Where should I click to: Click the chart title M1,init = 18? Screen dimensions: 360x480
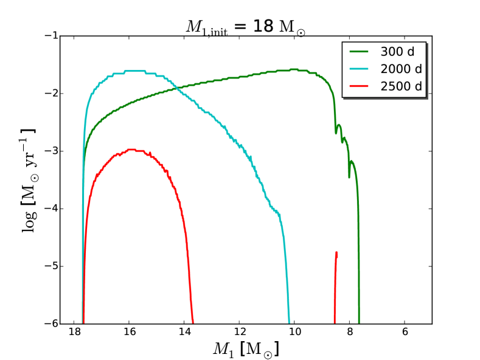coord(246,27)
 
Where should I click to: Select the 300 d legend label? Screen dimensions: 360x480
coord(400,52)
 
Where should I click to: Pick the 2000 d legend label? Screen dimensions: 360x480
coord(400,69)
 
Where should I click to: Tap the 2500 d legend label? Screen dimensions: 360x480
coord(400,86)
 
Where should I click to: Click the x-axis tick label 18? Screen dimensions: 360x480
coord(74,333)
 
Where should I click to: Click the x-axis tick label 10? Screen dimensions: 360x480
coord(294,333)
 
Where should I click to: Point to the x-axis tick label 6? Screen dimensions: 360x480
coord(405,333)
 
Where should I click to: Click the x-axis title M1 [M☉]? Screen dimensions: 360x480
coord(246,349)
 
